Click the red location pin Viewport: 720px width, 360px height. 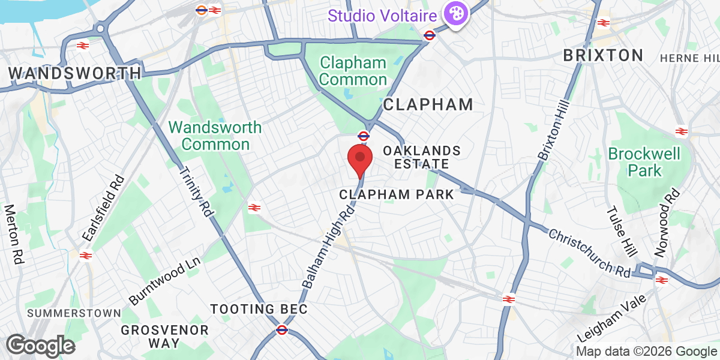click(360, 158)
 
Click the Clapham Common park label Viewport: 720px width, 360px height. click(353, 71)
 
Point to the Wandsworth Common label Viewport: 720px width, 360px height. click(215, 136)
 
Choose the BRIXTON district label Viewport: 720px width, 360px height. click(603, 56)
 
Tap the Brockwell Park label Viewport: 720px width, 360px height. click(644, 162)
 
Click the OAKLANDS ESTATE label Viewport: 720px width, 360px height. click(422, 157)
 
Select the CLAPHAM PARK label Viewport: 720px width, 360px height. click(397, 194)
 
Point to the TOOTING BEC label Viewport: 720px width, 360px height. click(259, 310)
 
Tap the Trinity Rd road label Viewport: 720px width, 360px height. click(196, 191)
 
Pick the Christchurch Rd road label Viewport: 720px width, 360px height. click(589, 252)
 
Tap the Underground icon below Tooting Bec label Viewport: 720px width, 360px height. click(281, 329)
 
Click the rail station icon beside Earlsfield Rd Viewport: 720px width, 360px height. click(85, 255)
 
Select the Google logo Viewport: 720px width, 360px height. click(40, 346)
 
